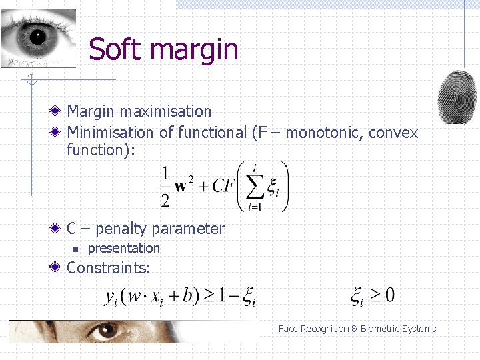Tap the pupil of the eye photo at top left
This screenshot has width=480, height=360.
36,36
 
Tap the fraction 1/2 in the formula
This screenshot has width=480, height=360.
165,187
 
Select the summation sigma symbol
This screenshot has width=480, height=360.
255,187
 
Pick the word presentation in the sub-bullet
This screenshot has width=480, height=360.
124,248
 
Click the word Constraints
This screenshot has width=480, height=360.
109,268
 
